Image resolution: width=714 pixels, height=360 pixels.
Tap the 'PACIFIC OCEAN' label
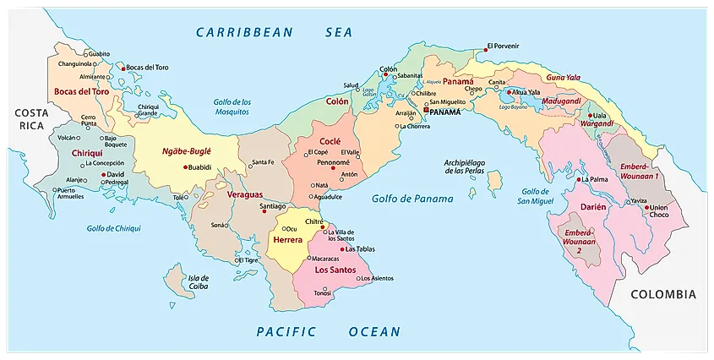click(329, 332)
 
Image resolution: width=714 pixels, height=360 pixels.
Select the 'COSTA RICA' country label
click(30, 118)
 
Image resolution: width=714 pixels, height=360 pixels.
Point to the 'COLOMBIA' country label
click(663, 295)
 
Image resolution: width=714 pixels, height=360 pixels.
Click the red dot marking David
click(101, 175)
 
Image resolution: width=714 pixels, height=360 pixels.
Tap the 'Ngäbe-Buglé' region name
click(186, 152)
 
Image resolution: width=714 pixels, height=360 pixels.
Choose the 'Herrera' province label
click(287, 241)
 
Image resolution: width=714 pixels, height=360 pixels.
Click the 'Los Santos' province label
click(334, 270)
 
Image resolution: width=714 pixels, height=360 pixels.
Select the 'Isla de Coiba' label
click(198, 281)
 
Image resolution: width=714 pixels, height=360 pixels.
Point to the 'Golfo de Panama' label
click(412, 199)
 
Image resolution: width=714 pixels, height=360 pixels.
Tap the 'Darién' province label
click(594, 205)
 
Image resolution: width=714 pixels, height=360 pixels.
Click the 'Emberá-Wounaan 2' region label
click(579, 241)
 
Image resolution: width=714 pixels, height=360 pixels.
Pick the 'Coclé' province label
click(330, 142)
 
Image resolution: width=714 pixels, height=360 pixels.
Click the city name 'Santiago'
click(272, 206)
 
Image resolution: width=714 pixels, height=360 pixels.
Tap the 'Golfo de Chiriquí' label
click(113, 228)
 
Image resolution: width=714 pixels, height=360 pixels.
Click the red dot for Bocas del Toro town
click(123, 68)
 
